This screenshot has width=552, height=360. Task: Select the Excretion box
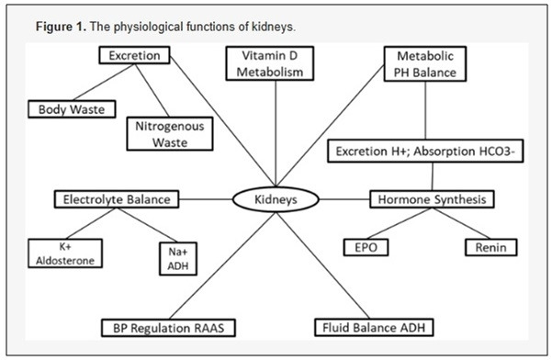pos(134,56)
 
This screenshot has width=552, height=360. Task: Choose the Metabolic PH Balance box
pos(424,64)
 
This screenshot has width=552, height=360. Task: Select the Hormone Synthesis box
pos(432,198)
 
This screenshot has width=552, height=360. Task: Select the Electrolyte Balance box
pos(116,198)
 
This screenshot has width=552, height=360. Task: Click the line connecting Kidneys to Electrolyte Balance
pos(204,198)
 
